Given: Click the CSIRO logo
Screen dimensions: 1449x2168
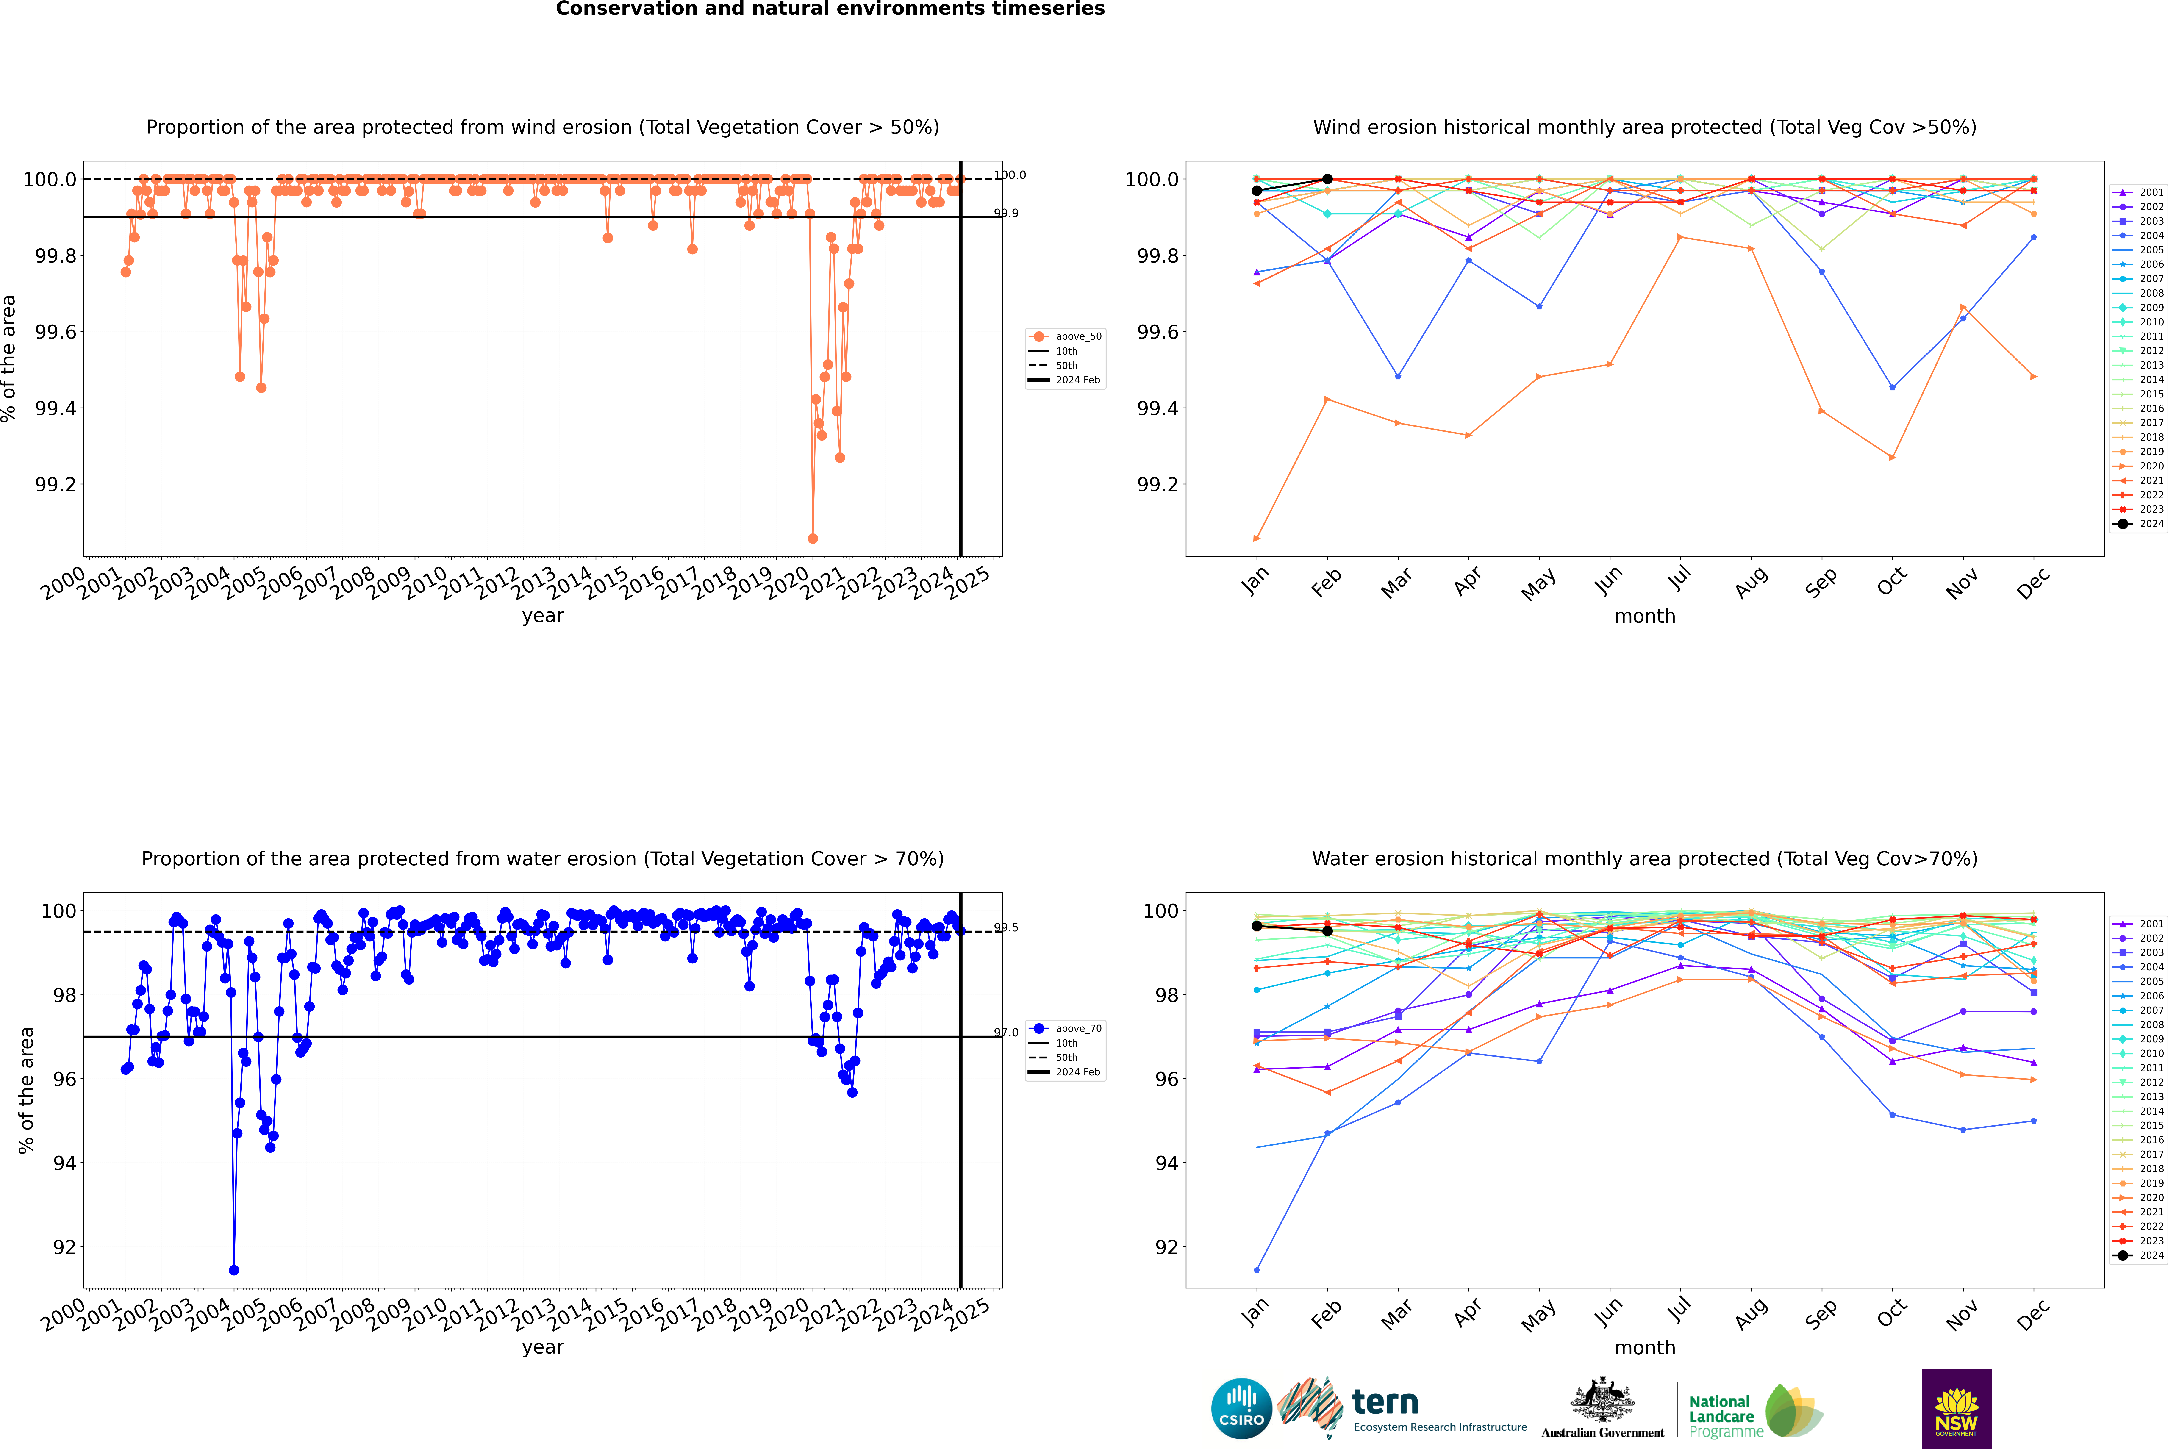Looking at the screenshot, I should (1241, 1408).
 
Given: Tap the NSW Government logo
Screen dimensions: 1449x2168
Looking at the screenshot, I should (1956, 1408).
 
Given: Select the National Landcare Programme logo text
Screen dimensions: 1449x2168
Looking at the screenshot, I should (1721, 1416).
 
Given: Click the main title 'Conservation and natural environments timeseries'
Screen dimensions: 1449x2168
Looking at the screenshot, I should (830, 9).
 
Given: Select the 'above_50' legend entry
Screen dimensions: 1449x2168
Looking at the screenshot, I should (1077, 336).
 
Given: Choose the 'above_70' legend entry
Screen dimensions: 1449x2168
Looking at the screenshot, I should (1077, 1029).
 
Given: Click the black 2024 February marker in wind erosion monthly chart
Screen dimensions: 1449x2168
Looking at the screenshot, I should (1327, 179).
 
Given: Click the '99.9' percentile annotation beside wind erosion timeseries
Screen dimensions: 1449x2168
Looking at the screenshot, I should (1006, 214).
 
